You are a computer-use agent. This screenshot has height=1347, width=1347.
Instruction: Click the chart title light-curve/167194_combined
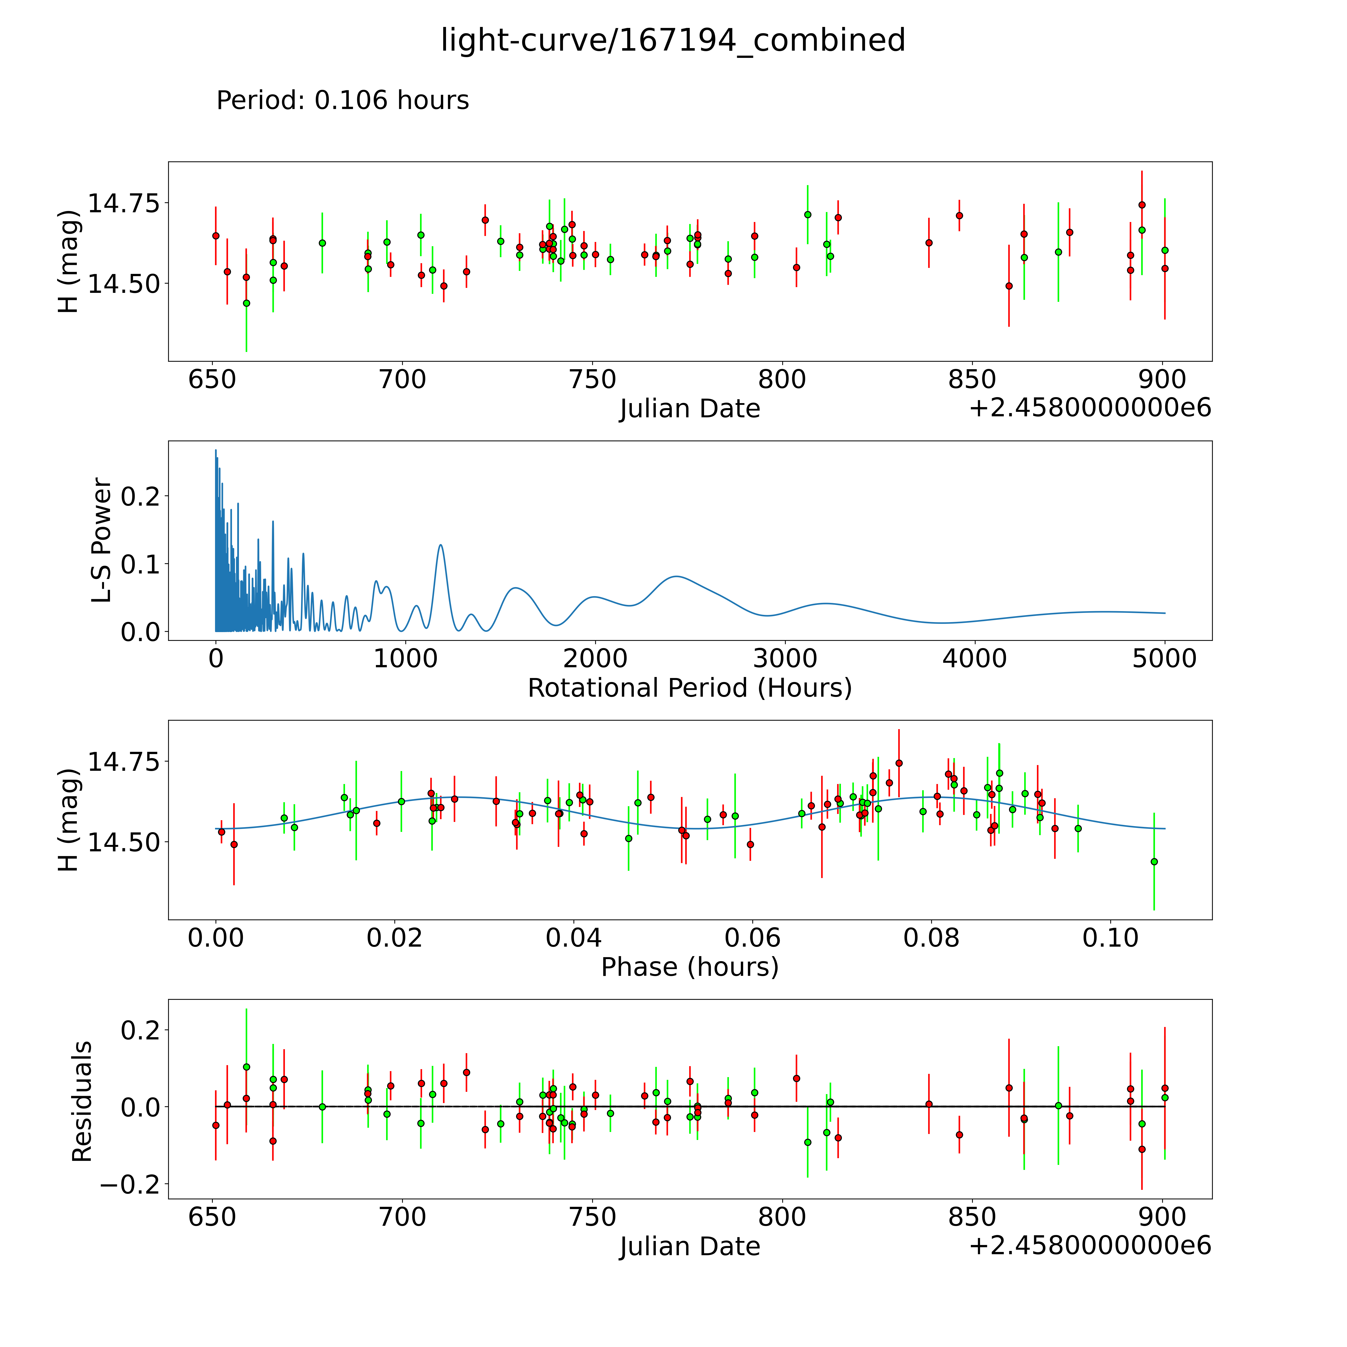click(673, 40)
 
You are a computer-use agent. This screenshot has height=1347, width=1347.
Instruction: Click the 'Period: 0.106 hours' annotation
click(342, 100)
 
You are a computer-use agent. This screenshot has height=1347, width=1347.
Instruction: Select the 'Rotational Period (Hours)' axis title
click(689, 688)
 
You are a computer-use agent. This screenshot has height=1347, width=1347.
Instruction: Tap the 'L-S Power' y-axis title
click(102, 540)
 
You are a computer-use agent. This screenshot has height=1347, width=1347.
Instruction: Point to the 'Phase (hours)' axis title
click(689, 967)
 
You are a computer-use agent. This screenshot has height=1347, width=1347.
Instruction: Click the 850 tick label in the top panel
click(972, 380)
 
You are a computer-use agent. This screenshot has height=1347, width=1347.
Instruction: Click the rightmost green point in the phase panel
click(1154, 862)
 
